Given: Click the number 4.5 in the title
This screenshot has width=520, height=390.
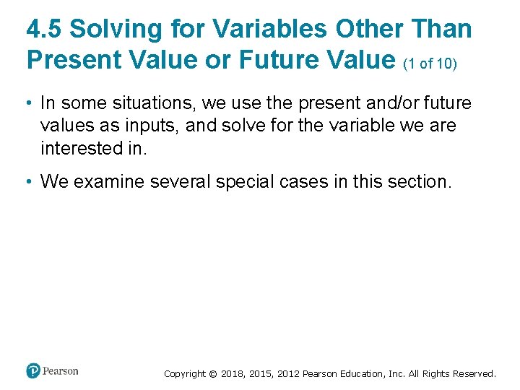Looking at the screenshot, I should point(44,29).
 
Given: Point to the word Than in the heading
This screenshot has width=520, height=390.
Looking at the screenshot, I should point(441,29).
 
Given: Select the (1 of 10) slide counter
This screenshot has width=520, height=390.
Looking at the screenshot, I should point(430,63).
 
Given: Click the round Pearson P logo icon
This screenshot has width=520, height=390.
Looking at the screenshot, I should point(32,371).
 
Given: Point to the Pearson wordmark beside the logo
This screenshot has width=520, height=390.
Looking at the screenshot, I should point(61,371).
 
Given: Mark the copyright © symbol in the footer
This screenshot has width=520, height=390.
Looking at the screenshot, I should point(212,374).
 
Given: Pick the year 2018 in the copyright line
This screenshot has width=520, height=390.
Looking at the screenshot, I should point(233,374).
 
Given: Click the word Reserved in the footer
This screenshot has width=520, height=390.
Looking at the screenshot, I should point(474,374).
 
